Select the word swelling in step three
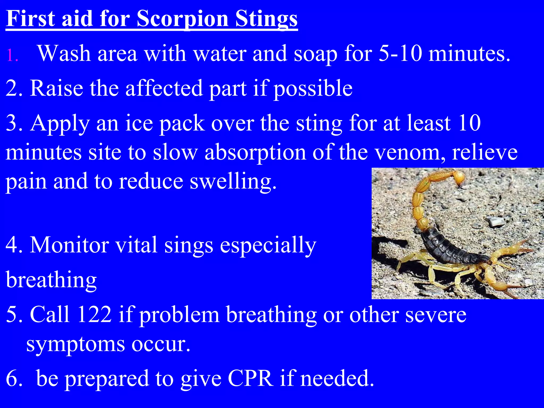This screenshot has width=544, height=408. point(233,182)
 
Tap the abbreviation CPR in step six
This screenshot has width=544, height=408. point(250,378)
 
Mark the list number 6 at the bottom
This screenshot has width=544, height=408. point(12,378)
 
